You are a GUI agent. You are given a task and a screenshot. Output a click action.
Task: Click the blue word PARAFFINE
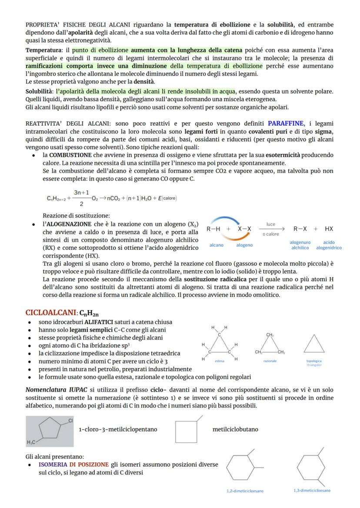(x=286, y=123)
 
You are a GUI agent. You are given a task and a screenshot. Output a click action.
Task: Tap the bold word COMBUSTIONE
(x=70, y=155)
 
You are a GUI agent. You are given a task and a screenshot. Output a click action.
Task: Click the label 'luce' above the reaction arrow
(x=271, y=224)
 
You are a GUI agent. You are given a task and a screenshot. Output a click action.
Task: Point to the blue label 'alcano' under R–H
(x=217, y=245)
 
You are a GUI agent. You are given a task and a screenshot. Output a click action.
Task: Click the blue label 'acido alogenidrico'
(x=329, y=245)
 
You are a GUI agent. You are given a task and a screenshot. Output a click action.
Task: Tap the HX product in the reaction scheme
(x=329, y=229)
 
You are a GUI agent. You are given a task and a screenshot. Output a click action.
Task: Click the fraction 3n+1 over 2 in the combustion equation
(x=82, y=198)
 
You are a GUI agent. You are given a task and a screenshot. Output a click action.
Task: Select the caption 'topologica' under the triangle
(x=314, y=361)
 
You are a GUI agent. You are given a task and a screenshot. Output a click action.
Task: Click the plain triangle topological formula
(x=314, y=344)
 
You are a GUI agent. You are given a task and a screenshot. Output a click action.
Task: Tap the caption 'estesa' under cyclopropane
(x=220, y=361)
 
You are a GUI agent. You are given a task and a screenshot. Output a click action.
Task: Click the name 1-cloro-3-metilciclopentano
(x=118, y=429)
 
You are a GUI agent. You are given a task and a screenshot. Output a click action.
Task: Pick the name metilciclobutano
(x=235, y=429)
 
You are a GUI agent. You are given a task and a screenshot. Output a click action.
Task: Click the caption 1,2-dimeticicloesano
(x=245, y=491)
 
